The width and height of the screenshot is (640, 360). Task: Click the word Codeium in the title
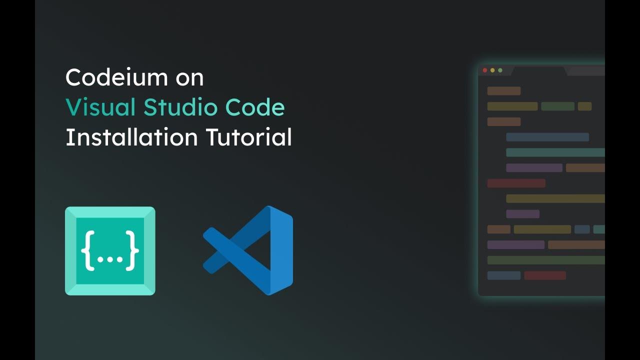tap(109, 78)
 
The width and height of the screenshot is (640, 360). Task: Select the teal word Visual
tap(100, 107)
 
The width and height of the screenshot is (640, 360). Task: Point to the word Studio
tap(181, 107)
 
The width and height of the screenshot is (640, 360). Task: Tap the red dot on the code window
tap(484, 70)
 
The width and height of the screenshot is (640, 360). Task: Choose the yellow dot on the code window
tap(492, 70)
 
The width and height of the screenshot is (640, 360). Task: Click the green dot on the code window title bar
tap(500, 70)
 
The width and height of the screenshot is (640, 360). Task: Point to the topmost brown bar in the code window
tap(504, 91)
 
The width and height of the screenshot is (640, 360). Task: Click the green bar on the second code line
tap(557, 106)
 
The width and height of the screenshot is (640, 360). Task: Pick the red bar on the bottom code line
tap(545, 275)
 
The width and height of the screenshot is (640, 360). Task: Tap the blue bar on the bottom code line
tap(504, 275)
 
